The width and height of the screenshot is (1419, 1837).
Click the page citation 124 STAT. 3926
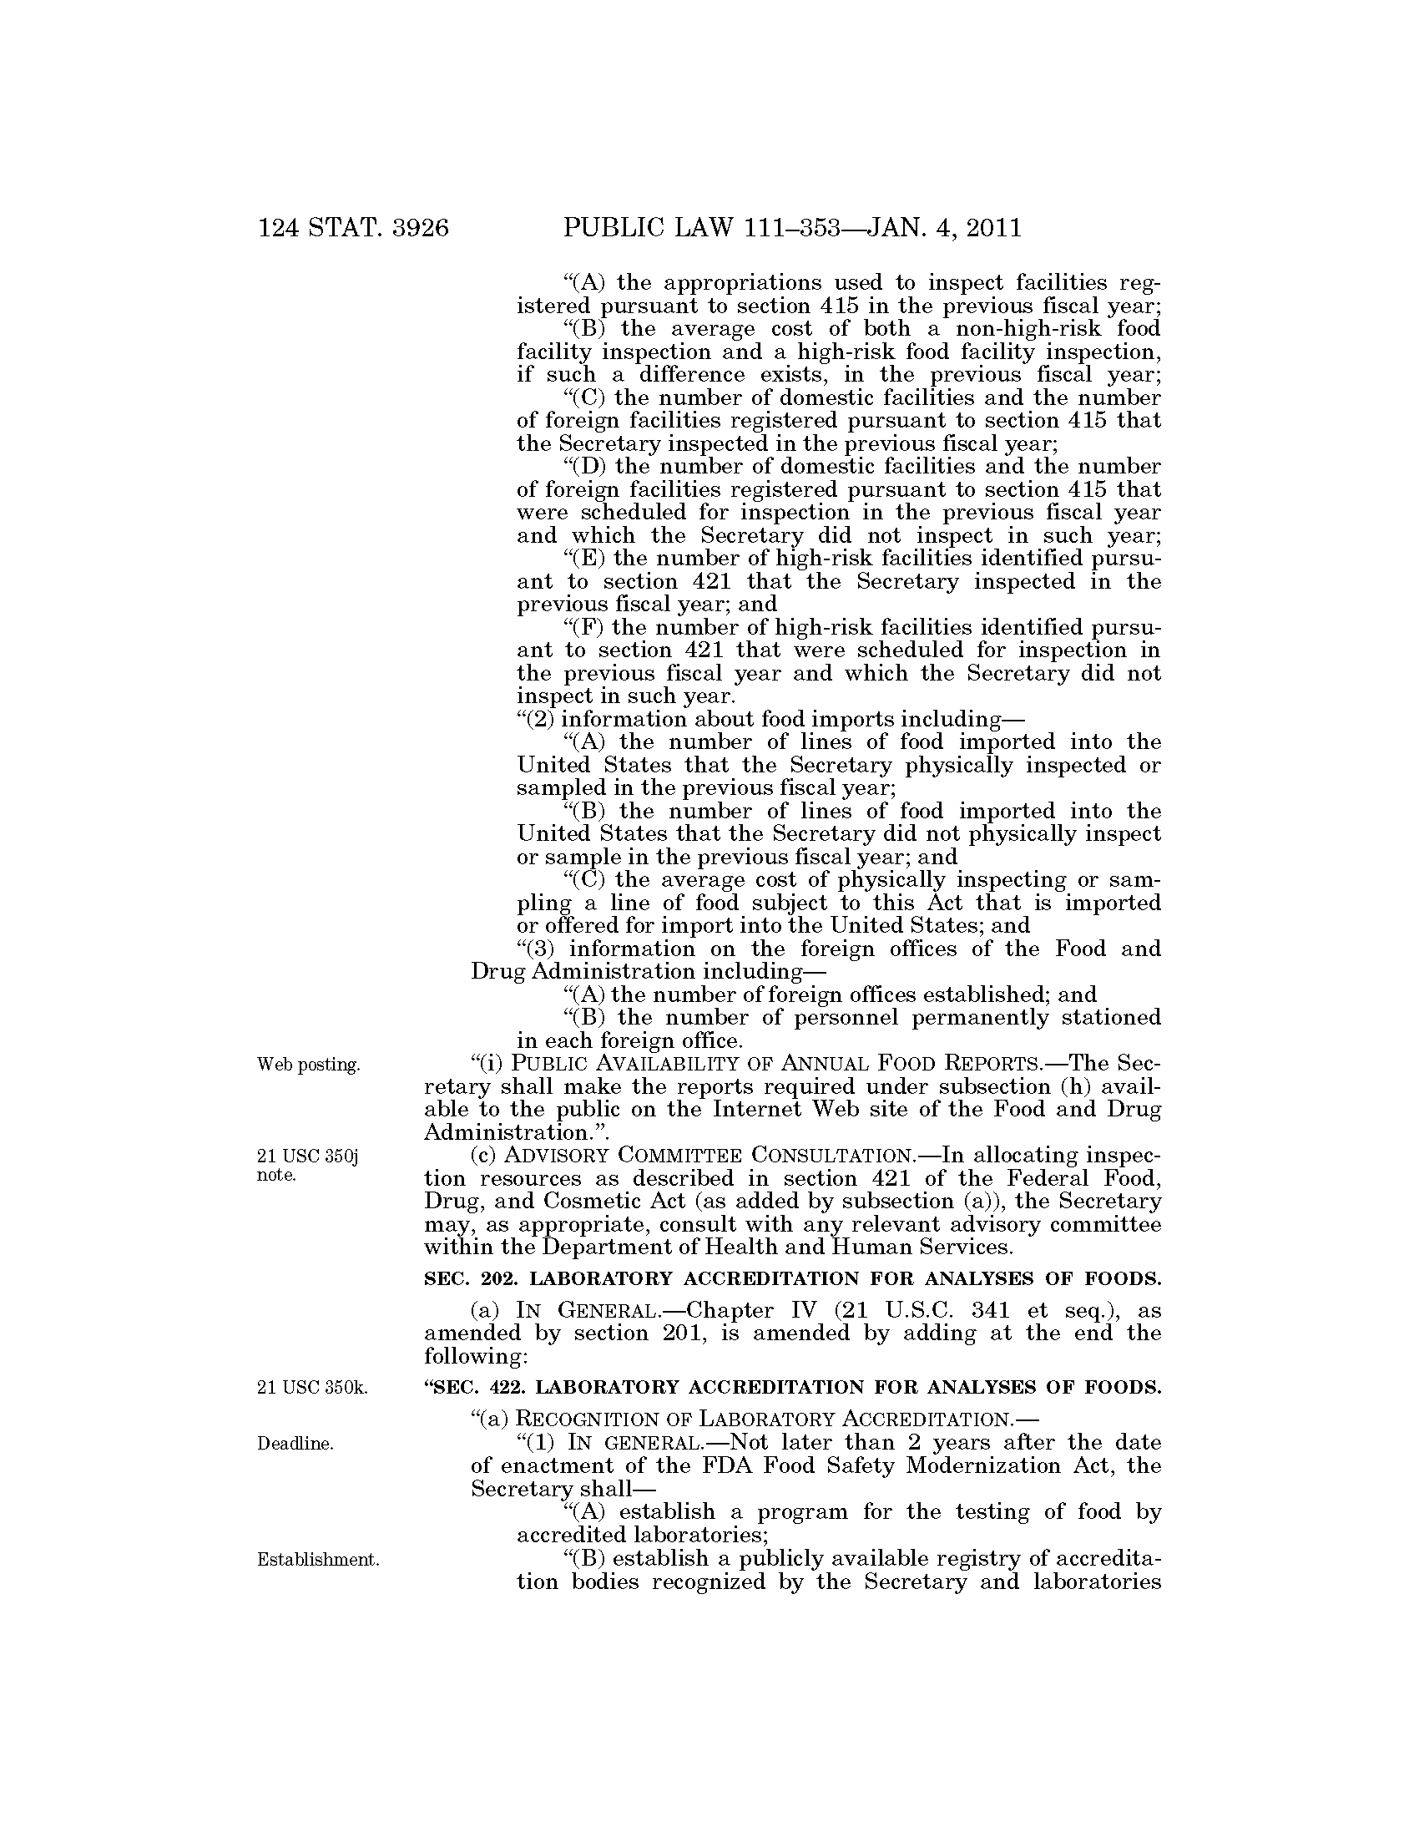click(353, 228)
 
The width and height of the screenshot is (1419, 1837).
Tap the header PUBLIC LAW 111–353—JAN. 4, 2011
click(792, 228)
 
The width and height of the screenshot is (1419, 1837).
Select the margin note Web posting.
click(309, 1065)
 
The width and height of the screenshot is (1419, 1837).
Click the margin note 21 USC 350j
click(308, 1157)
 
